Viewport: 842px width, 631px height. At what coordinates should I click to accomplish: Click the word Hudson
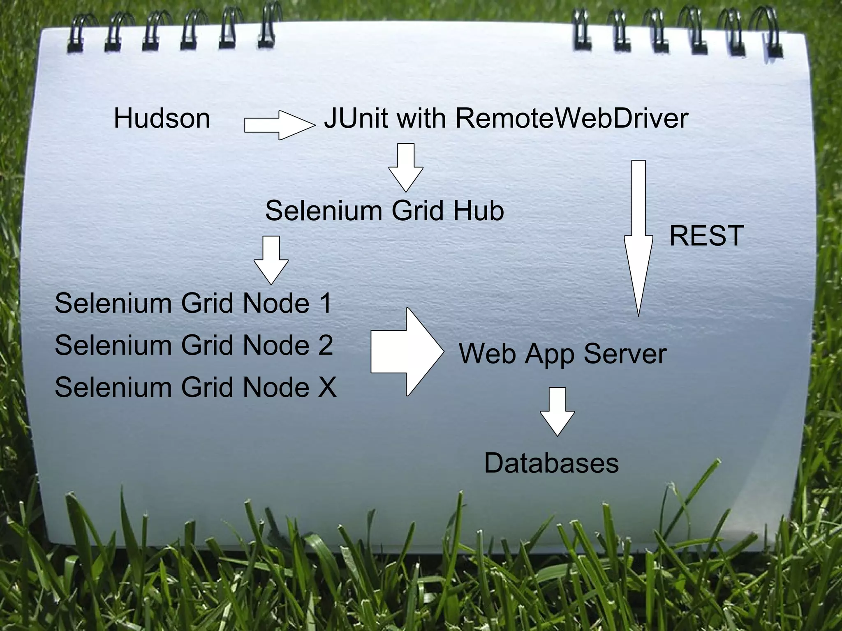click(162, 119)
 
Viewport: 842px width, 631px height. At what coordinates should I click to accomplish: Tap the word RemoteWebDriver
click(571, 119)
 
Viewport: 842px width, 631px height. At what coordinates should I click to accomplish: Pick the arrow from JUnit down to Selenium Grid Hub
click(406, 166)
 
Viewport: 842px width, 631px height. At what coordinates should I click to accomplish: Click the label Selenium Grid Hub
click(384, 211)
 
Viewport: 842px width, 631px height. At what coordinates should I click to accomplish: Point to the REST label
click(706, 236)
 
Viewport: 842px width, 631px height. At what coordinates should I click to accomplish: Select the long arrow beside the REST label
click(638, 238)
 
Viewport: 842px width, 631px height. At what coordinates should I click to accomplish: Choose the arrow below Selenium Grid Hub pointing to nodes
click(271, 259)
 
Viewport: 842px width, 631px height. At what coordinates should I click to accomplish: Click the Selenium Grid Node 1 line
click(193, 304)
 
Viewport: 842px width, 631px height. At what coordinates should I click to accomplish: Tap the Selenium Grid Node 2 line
click(193, 345)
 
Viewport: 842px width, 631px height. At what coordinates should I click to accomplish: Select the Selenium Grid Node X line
click(195, 387)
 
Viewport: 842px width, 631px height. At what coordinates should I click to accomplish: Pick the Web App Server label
click(562, 354)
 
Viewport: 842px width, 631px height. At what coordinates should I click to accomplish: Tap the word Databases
click(551, 463)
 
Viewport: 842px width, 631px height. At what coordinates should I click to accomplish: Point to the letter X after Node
click(327, 387)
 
